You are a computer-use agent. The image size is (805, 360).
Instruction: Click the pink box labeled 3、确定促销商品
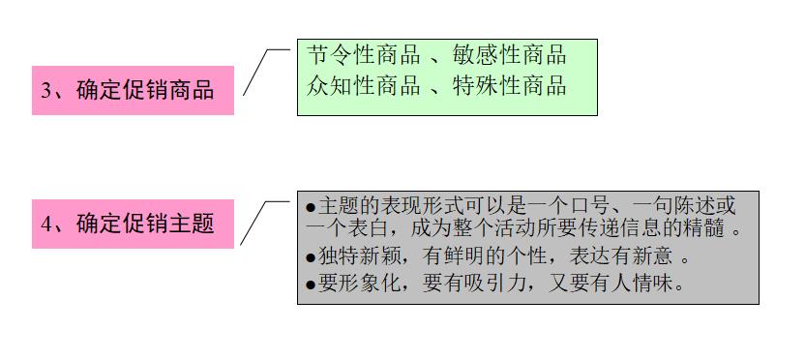click(x=133, y=90)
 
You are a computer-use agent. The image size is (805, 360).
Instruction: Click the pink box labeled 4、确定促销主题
click(x=133, y=224)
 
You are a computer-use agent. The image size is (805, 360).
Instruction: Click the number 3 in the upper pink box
click(x=45, y=91)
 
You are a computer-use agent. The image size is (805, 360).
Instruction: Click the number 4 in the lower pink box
click(x=45, y=225)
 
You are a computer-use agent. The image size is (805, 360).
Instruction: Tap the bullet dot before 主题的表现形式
click(x=310, y=207)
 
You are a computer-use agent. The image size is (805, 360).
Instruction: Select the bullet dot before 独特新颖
click(x=310, y=258)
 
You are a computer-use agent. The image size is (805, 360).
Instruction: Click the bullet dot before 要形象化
click(x=310, y=285)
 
